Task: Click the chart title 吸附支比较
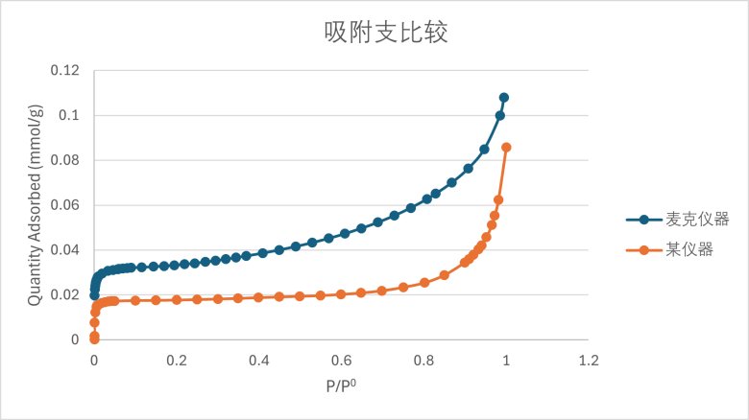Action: pos(386,34)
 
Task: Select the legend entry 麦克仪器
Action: pos(698,219)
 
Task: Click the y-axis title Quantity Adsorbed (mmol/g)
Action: pos(35,205)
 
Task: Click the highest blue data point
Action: pos(504,98)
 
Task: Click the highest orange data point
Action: pos(507,148)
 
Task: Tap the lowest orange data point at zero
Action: pos(94,337)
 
